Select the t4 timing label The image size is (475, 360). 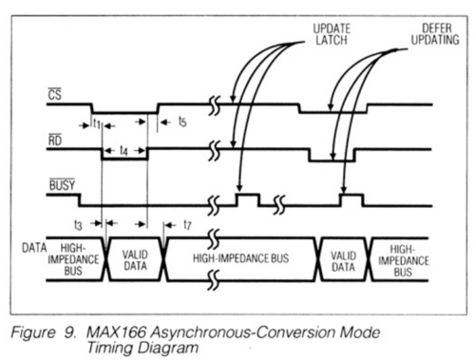click(x=124, y=151)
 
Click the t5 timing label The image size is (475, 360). click(x=182, y=123)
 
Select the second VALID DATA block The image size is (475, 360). click(x=342, y=258)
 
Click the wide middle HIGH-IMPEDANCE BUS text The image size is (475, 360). click(x=241, y=257)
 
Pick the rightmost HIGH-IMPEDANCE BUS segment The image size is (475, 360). click(x=402, y=258)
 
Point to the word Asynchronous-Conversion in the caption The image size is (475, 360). click(x=231, y=332)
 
